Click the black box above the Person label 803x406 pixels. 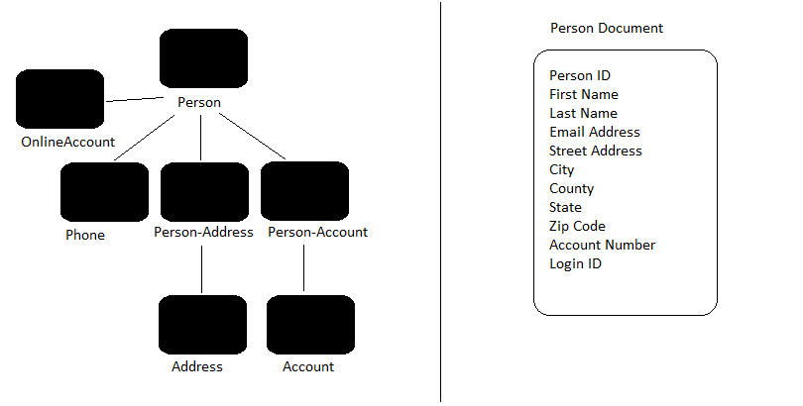(x=204, y=58)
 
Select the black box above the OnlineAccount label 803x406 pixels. (x=59, y=99)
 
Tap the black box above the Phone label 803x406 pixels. (x=104, y=192)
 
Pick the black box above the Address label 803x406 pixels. (x=203, y=325)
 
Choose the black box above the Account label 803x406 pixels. (x=311, y=325)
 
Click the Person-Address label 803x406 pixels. (x=204, y=232)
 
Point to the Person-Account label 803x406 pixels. (x=317, y=232)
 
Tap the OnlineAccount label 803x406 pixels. (x=68, y=142)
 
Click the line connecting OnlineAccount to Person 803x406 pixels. (x=135, y=99)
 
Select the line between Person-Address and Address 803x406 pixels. (x=202, y=269)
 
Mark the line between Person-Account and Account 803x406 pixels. (x=303, y=268)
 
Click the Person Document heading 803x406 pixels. (x=607, y=28)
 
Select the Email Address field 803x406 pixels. (x=595, y=132)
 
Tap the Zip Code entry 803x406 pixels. (x=577, y=226)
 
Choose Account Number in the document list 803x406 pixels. (x=603, y=245)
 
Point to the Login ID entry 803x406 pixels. (x=576, y=263)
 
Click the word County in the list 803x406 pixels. (x=572, y=189)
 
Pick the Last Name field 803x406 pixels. (x=583, y=113)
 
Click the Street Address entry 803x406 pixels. (x=596, y=151)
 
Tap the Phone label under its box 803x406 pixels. (x=85, y=235)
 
